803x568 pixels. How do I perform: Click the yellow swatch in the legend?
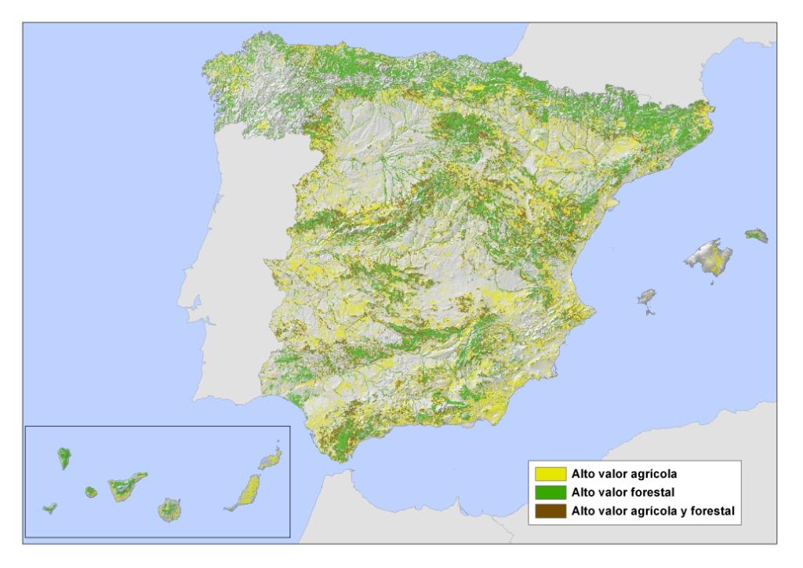(550, 474)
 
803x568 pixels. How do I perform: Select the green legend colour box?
(550, 493)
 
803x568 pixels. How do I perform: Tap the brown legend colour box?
(550, 511)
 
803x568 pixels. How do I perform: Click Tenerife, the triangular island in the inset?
(125, 486)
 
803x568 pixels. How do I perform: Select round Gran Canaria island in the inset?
(169, 510)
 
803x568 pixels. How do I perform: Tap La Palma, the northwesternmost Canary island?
(64, 458)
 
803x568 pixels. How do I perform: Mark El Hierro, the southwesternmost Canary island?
(50, 508)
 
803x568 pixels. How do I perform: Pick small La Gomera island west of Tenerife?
(90, 492)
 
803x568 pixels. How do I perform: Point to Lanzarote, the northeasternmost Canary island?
(271, 457)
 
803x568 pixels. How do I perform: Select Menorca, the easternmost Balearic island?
(756, 235)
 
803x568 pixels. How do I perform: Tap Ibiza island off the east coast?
(646, 297)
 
